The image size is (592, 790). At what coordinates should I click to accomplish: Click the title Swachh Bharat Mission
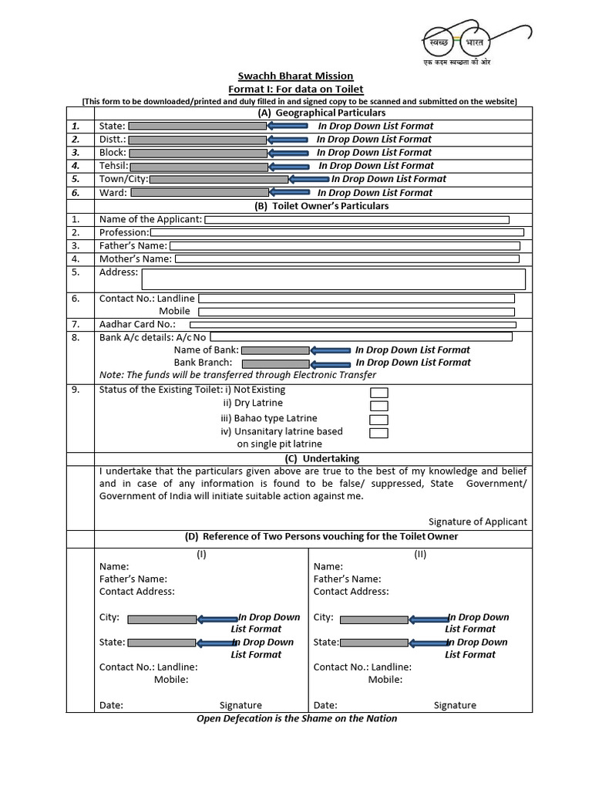294,76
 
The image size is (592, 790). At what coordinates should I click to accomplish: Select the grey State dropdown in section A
197,126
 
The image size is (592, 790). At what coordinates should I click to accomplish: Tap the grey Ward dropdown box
197,193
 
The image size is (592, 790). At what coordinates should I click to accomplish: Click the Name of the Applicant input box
356,220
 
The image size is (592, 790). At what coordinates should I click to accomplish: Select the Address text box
333,279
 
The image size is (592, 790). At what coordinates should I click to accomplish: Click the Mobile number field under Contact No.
355,312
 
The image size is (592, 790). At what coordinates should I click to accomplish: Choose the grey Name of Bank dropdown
275,350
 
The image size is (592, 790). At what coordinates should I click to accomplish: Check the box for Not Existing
378,393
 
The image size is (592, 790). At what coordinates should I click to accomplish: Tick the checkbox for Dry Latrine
378,406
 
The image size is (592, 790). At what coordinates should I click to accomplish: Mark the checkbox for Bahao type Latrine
378,420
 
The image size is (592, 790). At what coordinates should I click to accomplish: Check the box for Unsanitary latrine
378,433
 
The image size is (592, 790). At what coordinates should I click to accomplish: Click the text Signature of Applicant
478,522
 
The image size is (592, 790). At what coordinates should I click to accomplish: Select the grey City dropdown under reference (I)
162,619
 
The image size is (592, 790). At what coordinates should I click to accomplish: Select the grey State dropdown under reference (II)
374,643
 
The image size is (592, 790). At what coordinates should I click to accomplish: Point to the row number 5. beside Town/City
76,179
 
